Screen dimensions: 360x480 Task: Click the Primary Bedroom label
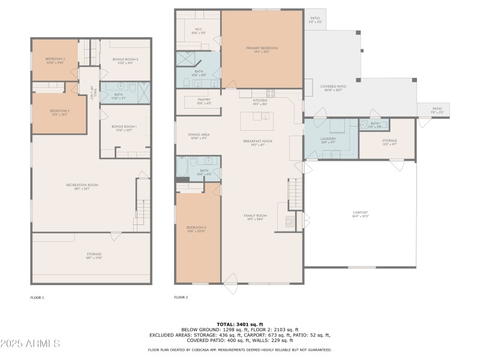click(262, 48)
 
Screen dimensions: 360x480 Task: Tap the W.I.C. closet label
click(199, 29)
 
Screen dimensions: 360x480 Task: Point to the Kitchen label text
click(259, 100)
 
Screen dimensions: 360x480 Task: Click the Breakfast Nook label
click(258, 141)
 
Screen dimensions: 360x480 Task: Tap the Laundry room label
click(328, 139)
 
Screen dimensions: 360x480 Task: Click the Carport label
click(361, 213)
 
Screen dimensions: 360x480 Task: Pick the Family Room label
click(255, 215)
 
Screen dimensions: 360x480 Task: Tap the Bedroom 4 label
click(55, 59)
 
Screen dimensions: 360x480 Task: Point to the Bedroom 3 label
click(59, 111)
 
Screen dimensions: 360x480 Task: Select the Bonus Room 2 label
click(125, 59)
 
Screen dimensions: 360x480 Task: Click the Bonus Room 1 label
click(124, 127)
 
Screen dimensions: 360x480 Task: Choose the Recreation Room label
click(82, 185)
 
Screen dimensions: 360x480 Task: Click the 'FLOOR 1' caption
click(37, 298)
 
